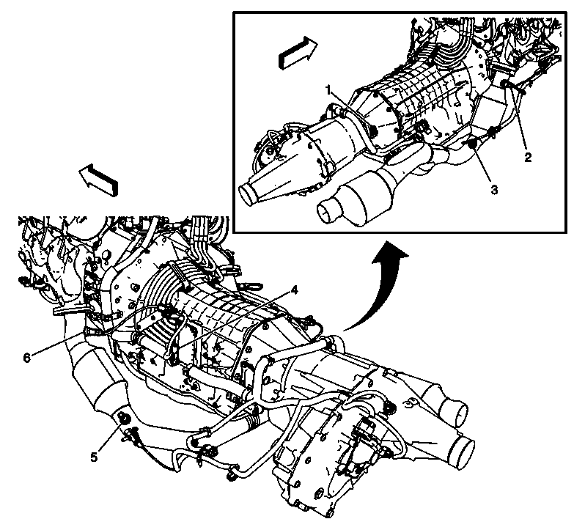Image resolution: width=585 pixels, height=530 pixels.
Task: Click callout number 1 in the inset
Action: pos(331,89)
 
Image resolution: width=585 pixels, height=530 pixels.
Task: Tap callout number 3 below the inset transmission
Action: pos(493,189)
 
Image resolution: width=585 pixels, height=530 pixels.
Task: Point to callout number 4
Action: pos(293,290)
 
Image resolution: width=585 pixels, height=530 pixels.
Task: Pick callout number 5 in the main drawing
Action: pos(94,456)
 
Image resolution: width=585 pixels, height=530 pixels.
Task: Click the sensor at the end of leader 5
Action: pos(122,419)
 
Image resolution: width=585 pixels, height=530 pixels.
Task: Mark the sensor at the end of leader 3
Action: pos(471,144)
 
